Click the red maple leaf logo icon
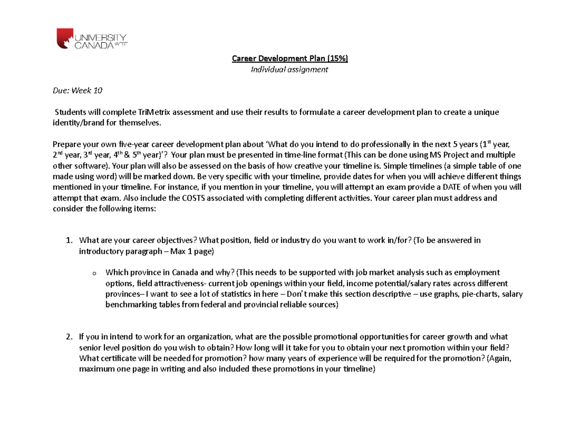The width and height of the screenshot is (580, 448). point(64,38)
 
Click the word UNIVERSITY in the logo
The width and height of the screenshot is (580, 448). point(100,37)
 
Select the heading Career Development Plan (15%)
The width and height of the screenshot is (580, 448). point(290,58)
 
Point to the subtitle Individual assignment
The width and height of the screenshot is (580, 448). point(289,70)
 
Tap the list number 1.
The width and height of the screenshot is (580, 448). point(69,241)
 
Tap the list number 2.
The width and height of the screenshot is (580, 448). point(69,337)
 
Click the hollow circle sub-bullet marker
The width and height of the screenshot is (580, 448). point(94,274)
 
